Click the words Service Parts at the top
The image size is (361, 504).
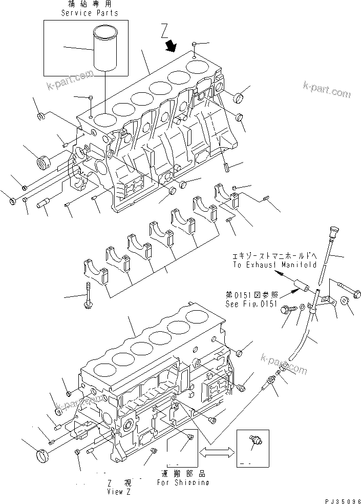90,13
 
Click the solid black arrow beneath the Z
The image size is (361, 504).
171,47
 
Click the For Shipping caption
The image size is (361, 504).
182,482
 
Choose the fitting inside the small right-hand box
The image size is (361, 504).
254,442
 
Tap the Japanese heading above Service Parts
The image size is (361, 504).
90,5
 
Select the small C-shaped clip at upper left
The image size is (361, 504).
41,116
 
